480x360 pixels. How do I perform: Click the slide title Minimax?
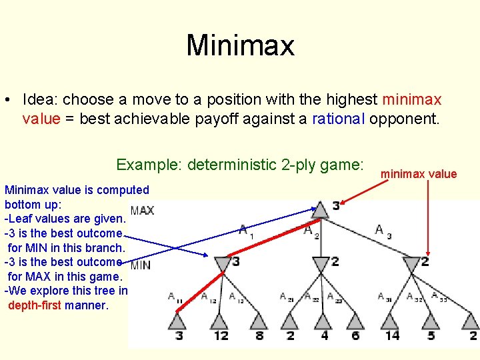240,46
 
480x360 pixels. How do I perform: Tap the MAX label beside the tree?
142,211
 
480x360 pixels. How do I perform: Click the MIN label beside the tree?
141,265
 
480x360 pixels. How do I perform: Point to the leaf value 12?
221,335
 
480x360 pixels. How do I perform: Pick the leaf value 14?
392,335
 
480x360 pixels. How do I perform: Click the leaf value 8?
259,335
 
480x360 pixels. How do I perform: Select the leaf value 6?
355,335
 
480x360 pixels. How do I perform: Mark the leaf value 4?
324,335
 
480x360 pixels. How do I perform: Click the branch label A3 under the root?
383,231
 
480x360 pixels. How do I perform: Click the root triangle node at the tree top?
320,209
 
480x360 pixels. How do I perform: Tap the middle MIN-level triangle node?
320,264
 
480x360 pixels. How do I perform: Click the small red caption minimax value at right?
418,174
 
